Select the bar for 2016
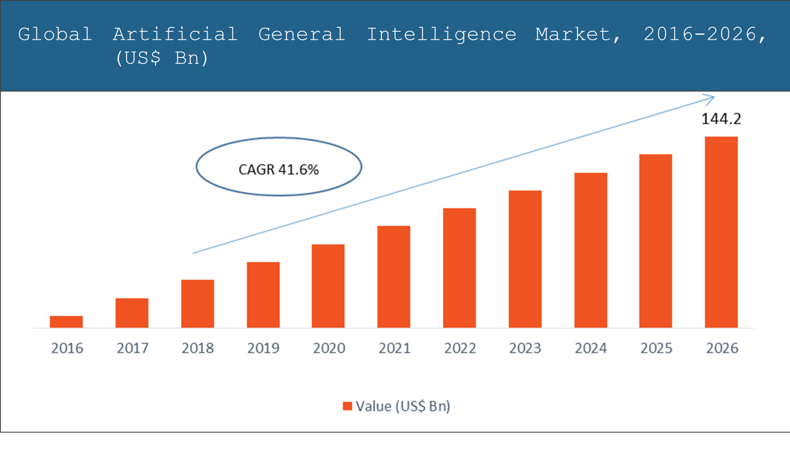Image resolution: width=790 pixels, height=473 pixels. point(66,322)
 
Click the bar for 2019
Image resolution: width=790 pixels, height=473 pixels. point(263,295)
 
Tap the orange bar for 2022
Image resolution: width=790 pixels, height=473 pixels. point(459,268)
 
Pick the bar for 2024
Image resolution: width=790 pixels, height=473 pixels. point(590,250)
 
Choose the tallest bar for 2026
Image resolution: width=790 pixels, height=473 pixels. point(721,232)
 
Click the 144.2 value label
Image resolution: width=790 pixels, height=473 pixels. point(721,119)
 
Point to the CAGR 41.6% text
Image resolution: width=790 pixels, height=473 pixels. point(279,169)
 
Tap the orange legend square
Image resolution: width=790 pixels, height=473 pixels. point(347,406)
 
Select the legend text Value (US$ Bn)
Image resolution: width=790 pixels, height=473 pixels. point(403,406)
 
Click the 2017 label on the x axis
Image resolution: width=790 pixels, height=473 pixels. point(133,348)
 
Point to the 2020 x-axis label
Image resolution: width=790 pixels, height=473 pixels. point(329,348)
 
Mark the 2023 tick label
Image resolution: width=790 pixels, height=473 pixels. point(525,348)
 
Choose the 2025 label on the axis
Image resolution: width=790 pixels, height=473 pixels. point(656,348)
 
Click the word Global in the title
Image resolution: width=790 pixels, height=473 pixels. point(55,34)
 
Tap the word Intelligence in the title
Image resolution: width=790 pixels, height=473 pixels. point(441,34)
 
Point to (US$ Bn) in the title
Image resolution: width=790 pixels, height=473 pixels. point(162,58)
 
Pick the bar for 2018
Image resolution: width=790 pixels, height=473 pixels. point(197,304)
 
